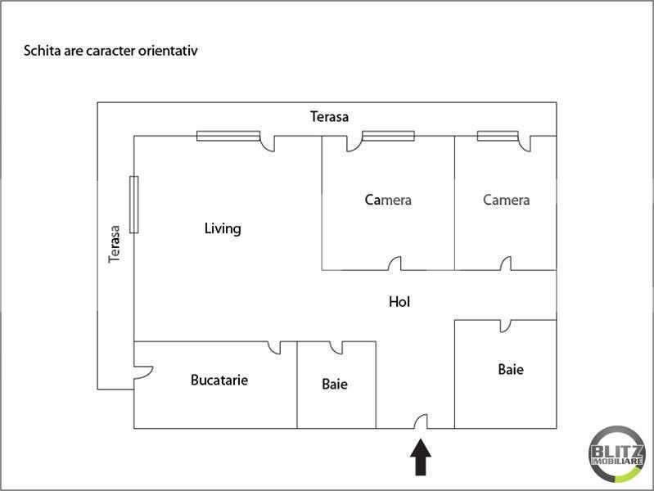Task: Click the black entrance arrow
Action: pos(421,458)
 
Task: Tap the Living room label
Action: pos(223,228)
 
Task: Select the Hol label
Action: pos(399,302)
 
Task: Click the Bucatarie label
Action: pos(219,380)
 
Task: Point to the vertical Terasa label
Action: pos(115,245)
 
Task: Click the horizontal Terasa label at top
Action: pos(329,117)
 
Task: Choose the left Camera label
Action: pos(388,200)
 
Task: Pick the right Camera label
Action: pos(506,200)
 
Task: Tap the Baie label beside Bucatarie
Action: pos(335,384)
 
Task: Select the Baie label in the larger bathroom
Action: pos(511,370)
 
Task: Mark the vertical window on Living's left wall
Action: pos(133,204)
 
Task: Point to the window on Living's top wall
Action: pos(228,136)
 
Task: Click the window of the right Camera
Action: pos(498,136)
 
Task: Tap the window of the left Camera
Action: pos(388,136)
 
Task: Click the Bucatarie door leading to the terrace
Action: pos(142,372)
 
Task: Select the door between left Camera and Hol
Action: pos(395,264)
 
